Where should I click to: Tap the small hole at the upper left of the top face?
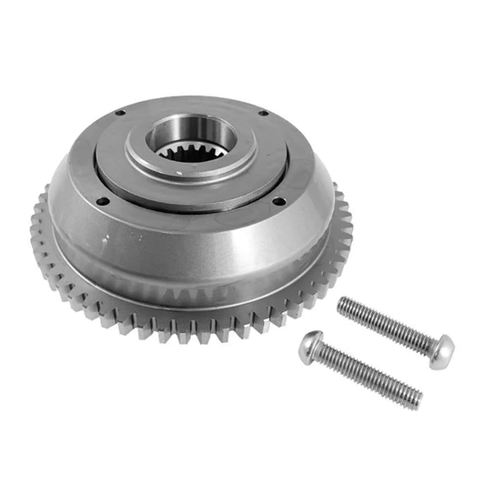[119, 113]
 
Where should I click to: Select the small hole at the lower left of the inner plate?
[103, 201]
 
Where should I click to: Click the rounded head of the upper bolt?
[442, 351]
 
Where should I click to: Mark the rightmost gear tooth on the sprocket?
[347, 218]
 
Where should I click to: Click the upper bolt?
[391, 328]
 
